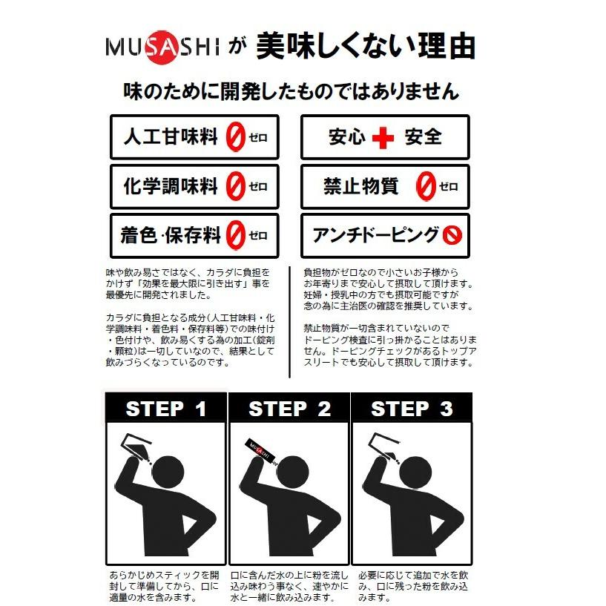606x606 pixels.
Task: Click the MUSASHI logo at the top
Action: (x=161, y=48)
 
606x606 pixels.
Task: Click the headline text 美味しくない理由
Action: (x=365, y=47)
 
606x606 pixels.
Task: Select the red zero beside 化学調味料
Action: (x=234, y=185)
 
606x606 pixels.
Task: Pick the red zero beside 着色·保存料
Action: (x=235, y=235)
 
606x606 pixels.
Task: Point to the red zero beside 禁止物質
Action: (x=425, y=186)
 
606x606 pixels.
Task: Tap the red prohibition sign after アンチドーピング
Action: (x=452, y=235)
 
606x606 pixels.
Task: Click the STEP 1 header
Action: (x=165, y=409)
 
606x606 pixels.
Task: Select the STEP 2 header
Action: (x=289, y=409)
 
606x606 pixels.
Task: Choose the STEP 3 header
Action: (x=412, y=409)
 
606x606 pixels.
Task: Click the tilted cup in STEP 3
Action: (x=384, y=444)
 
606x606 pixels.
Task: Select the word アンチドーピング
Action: (x=375, y=235)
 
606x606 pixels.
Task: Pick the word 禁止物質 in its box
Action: (x=360, y=186)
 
